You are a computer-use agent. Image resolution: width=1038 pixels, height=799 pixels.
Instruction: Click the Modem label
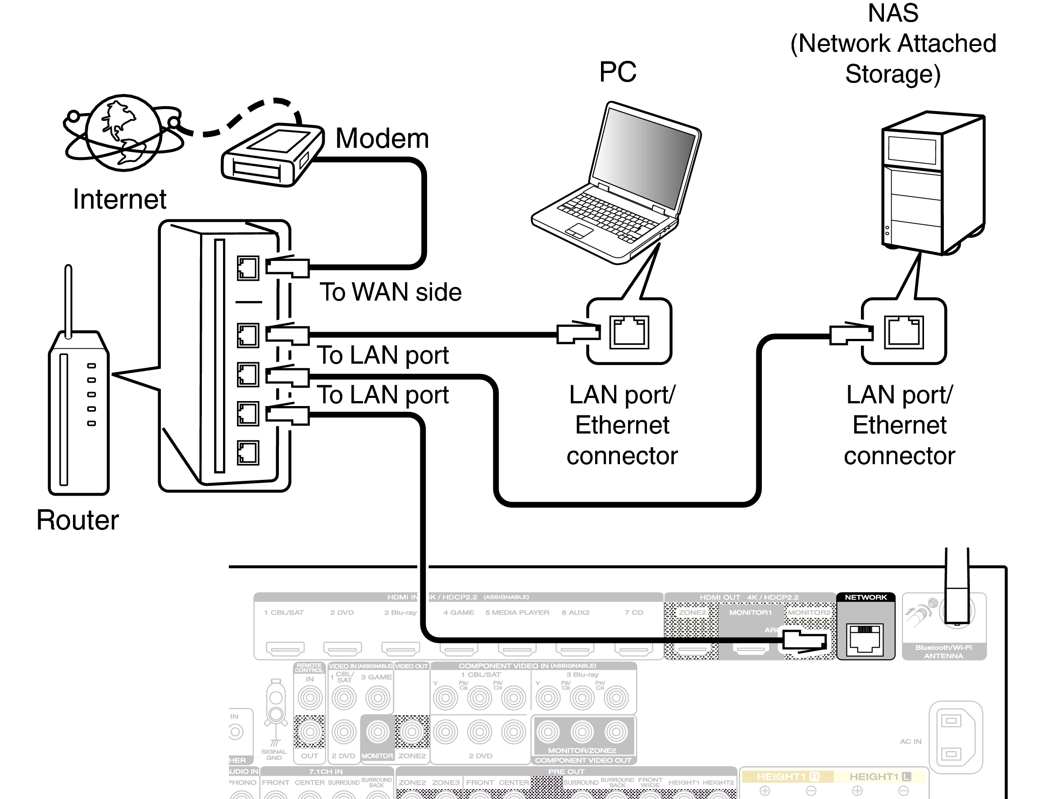(382, 138)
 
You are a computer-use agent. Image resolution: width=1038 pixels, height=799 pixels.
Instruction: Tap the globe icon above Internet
(123, 133)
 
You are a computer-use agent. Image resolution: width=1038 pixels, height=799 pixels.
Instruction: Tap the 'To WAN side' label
(390, 292)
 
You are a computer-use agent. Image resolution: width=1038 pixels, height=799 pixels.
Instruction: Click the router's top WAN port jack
(248, 268)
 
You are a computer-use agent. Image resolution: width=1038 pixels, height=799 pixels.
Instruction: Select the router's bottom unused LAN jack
(248, 452)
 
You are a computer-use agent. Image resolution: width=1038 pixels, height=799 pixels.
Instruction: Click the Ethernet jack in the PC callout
(629, 332)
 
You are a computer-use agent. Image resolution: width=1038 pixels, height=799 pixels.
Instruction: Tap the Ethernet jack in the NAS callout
(903, 332)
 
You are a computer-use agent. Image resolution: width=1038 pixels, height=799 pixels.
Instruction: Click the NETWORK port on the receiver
(865, 639)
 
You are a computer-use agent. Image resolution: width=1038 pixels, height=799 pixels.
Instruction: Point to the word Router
(77, 520)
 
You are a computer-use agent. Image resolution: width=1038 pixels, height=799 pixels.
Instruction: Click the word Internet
(119, 199)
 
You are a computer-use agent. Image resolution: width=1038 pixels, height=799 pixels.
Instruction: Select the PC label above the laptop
(617, 72)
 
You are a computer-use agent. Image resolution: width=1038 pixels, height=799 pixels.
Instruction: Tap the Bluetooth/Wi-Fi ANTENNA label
(943, 652)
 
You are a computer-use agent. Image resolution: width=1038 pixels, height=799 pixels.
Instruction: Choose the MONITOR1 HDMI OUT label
(751, 612)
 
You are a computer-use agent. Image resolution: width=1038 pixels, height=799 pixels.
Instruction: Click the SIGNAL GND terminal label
(274, 754)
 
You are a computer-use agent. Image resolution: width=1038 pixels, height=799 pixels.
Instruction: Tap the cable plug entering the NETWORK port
(805, 640)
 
